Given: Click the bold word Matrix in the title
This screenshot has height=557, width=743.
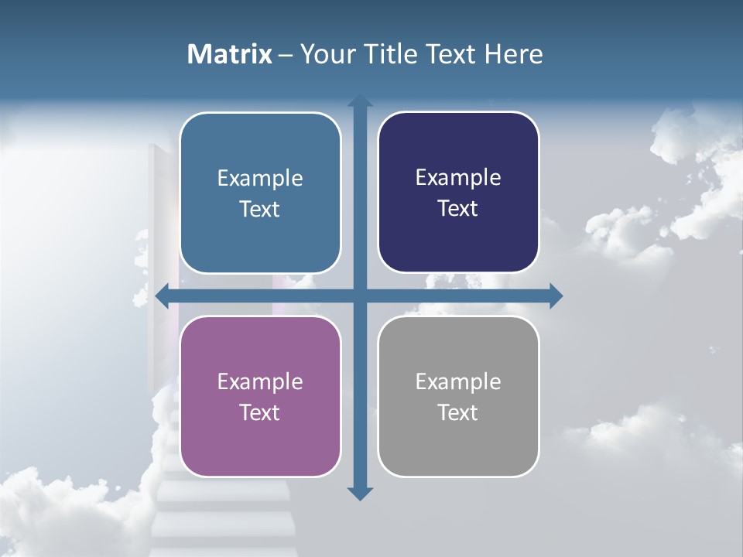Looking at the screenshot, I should [x=230, y=54].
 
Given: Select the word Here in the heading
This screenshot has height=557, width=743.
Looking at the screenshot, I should [x=513, y=54].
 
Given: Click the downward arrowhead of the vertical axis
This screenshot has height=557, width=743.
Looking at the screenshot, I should [x=360, y=493].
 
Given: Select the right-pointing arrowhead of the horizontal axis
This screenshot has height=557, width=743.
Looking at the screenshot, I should [x=556, y=296].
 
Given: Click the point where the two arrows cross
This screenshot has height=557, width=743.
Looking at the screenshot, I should [x=360, y=296].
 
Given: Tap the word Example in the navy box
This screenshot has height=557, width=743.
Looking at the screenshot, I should [x=458, y=177].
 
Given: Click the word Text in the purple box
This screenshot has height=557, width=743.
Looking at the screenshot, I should [x=260, y=412].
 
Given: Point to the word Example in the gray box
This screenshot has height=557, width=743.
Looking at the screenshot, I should [x=458, y=381].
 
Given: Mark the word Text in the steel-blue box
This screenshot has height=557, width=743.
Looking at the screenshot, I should [x=260, y=209].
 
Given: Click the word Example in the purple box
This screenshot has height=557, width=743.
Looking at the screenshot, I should [x=260, y=381].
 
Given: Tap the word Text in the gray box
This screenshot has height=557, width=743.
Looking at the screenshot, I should [x=458, y=412].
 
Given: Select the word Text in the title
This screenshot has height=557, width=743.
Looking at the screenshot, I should [x=450, y=54].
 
